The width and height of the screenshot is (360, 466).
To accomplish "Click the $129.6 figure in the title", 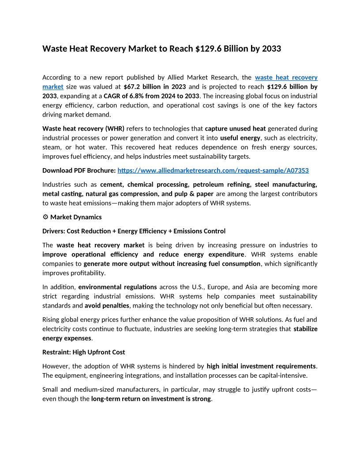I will click(208, 49).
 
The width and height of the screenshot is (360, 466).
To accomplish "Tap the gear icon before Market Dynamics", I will click(45, 217).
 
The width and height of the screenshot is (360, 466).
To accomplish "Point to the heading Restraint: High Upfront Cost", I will click(83, 352).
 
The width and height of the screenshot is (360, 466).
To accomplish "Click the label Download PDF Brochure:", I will click(79, 170).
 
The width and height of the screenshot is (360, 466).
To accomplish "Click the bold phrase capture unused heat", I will click(235, 128).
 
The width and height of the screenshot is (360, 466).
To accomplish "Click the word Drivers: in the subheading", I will click(54, 231).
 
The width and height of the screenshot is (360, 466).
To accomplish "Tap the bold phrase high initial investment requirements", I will click(261, 366).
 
